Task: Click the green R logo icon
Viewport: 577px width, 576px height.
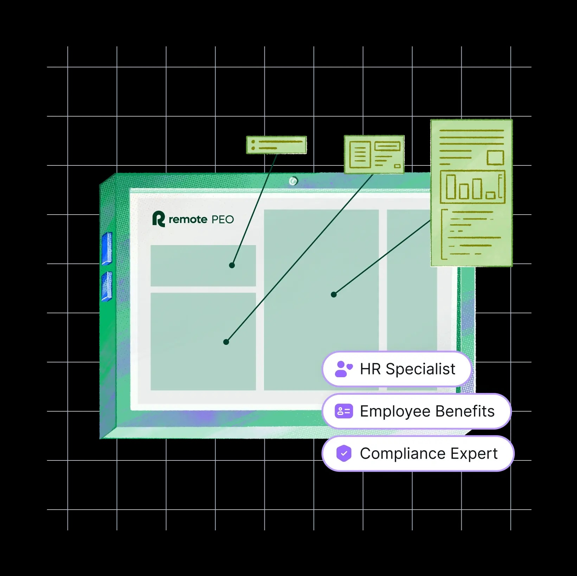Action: (x=158, y=219)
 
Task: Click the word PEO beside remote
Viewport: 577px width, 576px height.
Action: (x=223, y=220)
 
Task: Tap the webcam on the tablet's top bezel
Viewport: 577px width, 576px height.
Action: (x=293, y=181)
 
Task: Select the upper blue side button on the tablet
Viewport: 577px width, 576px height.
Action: (x=107, y=248)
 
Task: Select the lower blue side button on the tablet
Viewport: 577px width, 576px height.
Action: (x=107, y=287)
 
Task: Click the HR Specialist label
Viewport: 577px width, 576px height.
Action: (x=408, y=369)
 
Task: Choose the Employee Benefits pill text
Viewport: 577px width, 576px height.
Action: (x=427, y=411)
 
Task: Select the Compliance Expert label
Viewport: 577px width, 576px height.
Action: (x=429, y=453)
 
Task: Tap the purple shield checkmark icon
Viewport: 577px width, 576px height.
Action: (x=344, y=453)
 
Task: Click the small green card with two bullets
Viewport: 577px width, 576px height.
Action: (x=276, y=145)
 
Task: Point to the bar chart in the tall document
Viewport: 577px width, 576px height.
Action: (x=473, y=187)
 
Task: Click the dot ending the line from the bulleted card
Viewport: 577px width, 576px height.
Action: (x=232, y=265)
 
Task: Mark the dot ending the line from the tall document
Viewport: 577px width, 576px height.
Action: (x=334, y=294)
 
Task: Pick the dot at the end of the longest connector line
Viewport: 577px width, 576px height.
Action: (x=226, y=342)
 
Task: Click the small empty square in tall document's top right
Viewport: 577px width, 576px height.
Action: (x=495, y=158)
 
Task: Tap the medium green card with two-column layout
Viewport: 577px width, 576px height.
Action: (x=374, y=155)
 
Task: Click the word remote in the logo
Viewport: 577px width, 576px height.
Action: (x=188, y=220)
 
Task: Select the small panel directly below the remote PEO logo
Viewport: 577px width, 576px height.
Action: (x=203, y=266)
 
